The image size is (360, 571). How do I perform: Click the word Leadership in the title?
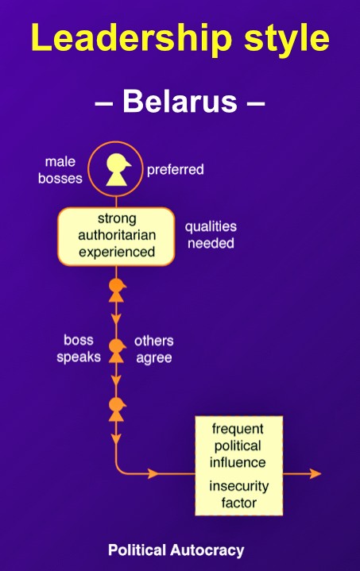click(x=132, y=38)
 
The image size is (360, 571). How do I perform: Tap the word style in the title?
click(x=287, y=40)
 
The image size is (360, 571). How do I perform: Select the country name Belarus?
click(x=180, y=101)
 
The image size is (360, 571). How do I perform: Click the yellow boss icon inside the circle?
click(x=118, y=169)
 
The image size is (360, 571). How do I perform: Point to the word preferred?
click(x=176, y=170)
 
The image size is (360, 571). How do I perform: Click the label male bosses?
click(x=60, y=170)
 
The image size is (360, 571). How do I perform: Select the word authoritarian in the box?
click(x=117, y=235)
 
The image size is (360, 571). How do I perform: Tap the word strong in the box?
click(x=117, y=218)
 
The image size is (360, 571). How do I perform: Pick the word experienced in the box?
click(x=117, y=252)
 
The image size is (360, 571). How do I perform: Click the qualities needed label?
click(x=211, y=234)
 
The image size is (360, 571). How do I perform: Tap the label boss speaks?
click(x=79, y=349)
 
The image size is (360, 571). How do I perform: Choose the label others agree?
click(x=153, y=349)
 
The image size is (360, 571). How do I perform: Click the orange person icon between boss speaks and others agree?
click(x=117, y=351)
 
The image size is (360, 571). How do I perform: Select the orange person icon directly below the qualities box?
click(x=117, y=290)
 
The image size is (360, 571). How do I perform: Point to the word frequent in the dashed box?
click(x=238, y=429)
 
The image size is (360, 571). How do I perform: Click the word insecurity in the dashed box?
click(x=239, y=486)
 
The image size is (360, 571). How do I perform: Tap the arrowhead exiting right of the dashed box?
click(x=315, y=474)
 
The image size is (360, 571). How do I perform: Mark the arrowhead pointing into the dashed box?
click(x=153, y=474)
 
